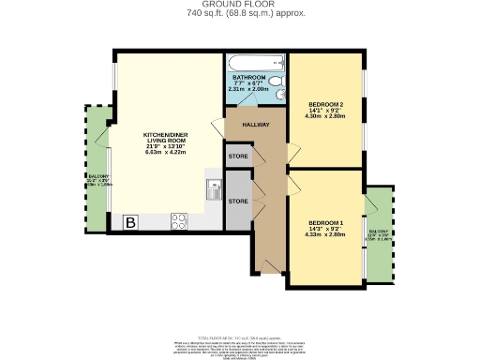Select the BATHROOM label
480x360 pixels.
coord(249,77)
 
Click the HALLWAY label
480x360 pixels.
coord(255,124)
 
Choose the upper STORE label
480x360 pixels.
coord(238,156)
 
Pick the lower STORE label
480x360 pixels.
coord(238,201)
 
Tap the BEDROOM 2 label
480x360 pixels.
coord(326,104)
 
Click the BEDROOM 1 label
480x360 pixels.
coord(325,222)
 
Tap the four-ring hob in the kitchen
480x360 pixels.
coord(179,221)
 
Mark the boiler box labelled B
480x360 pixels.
coord(131,222)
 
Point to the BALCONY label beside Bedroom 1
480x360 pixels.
coord(378,231)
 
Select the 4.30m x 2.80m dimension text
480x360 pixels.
coord(327,116)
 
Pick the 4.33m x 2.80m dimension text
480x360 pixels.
coord(326,234)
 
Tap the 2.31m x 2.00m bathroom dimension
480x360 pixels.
coord(249,89)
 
